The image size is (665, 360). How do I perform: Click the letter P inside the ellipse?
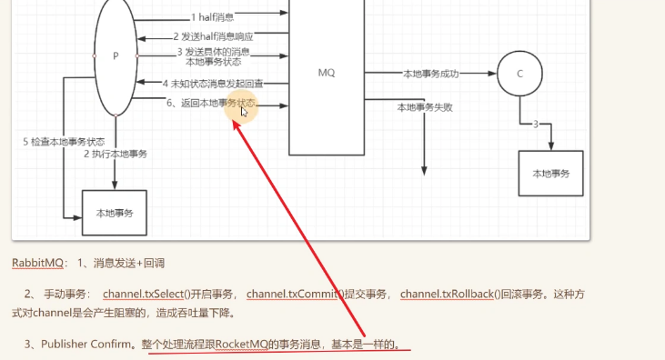(x=116, y=56)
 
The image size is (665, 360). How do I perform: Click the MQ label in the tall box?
(x=327, y=73)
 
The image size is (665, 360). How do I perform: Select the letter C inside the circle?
(x=520, y=74)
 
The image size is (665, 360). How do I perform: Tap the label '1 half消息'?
(x=212, y=17)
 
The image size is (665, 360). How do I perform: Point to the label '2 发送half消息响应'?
(x=213, y=36)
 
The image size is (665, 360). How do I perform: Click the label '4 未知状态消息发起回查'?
(x=213, y=84)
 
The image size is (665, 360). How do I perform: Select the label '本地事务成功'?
(x=431, y=74)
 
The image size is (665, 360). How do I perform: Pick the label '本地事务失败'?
(x=425, y=107)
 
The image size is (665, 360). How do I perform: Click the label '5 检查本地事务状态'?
(x=64, y=142)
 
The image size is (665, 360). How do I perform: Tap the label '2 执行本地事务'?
(x=116, y=154)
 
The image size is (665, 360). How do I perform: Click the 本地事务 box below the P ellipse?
(x=115, y=213)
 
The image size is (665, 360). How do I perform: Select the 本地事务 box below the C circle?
(x=551, y=174)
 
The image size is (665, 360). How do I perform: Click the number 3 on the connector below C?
(x=536, y=125)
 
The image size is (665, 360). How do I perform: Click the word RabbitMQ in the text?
(x=37, y=263)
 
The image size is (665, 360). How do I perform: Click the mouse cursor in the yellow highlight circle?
(x=244, y=112)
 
